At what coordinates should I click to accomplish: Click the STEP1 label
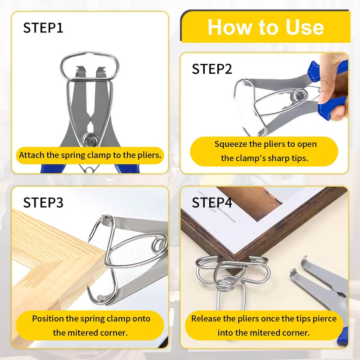pyautogui.click(x=43, y=28)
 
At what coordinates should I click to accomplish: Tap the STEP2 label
pyautogui.click(x=212, y=69)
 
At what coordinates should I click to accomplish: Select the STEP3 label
pyautogui.click(x=43, y=202)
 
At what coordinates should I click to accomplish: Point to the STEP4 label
pyautogui.click(x=212, y=202)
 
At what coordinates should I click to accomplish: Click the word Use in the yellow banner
pyautogui.click(x=305, y=27)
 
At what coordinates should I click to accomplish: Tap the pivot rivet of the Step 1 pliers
pyautogui.click(x=90, y=140)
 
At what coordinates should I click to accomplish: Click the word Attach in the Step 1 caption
pyautogui.click(x=32, y=155)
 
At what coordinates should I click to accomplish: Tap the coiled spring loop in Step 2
pyautogui.click(x=300, y=95)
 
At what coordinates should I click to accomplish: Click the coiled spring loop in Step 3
pyautogui.click(x=159, y=246)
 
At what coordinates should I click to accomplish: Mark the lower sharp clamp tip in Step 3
pyautogui.click(x=88, y=287)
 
